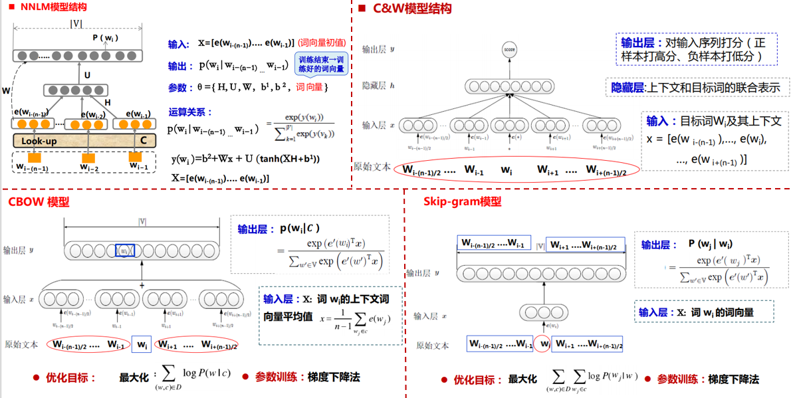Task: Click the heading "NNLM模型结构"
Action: point(54,7)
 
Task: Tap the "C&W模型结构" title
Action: point(412,9)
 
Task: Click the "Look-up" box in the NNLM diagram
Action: point(39,141)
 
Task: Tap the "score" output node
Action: point(510,49)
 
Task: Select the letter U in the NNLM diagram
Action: point(87,76)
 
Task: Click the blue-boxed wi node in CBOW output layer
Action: point(124,250)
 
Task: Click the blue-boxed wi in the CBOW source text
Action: point(141,344)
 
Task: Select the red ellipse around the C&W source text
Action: point(515,171)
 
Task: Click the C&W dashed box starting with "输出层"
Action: point(697,49)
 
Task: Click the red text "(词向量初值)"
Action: point(322,43)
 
